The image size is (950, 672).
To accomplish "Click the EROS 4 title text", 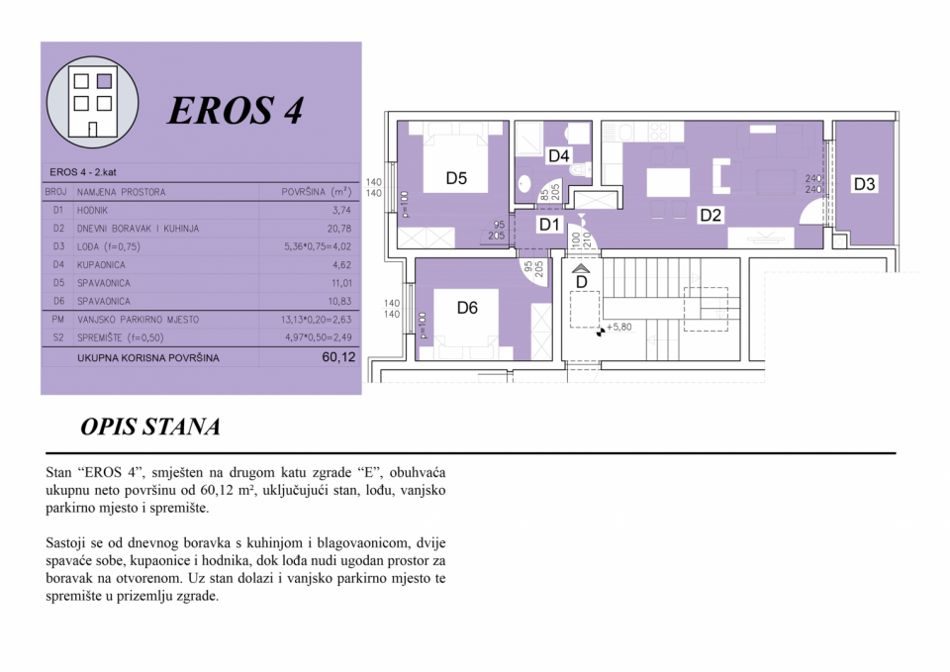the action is coord(236,110).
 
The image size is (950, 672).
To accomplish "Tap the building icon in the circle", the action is coord(93,102).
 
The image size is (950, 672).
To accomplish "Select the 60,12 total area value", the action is coord(338,357).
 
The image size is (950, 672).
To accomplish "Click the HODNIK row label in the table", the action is coord(92,210).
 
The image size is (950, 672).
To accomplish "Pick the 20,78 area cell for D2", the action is coord(341,229).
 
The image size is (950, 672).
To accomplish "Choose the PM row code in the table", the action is coord(57,320).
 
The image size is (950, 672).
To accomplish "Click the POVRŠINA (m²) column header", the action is coord(317,192).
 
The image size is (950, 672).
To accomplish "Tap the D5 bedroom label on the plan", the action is coord(456,178).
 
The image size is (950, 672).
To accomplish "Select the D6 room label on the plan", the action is coord(467,308).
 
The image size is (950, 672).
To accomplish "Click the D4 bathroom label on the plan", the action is coord(558,156).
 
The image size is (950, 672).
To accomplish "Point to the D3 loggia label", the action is coord(864,184).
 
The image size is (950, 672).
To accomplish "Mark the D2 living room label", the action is coord(711,215).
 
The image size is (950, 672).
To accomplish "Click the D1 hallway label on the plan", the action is coord(549,225).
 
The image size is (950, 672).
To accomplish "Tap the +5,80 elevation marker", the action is coord(615,328).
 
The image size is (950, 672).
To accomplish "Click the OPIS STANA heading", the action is coord(150,427).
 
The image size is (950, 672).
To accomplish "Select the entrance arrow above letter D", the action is coord(581,269).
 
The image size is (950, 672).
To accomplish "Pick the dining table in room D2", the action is coord(668,182).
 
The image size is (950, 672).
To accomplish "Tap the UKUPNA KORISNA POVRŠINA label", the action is coord(147,358).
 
